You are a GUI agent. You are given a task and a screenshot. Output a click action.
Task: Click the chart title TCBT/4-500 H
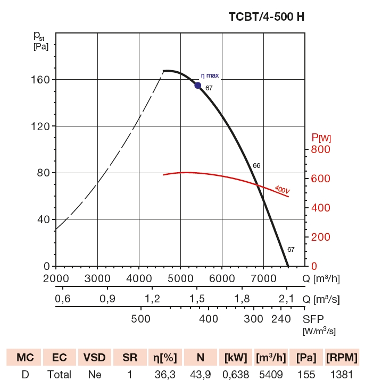(x=267, y=16)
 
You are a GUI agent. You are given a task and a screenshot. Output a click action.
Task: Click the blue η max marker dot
(x=198, y=86)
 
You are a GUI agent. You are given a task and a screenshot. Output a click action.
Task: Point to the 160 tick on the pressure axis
(x=42, y=80)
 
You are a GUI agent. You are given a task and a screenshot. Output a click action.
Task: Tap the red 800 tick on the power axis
(x=321, y=149)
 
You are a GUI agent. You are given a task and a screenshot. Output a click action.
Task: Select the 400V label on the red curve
(x=282, y=190)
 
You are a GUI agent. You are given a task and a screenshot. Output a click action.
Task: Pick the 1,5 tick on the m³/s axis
(x=197, y=299)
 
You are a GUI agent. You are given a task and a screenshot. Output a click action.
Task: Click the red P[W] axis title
(x=321, y=138)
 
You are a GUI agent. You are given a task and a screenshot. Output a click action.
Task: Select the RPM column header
(x=342, y=357)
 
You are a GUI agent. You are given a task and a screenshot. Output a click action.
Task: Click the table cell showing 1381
(x=342, y=374)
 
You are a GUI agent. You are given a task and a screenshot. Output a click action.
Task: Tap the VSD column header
(x=95, y=357)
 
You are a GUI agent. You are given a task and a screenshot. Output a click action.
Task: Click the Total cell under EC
(x=59, y=374)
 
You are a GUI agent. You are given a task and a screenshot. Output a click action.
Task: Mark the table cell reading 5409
(x=271, y=374)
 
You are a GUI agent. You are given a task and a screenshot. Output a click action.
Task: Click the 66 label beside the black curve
(x=256, y=166)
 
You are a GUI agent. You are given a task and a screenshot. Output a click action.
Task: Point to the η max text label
(x=210, y=75)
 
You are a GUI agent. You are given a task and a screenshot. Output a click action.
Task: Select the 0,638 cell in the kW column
(x=235, y=374)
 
